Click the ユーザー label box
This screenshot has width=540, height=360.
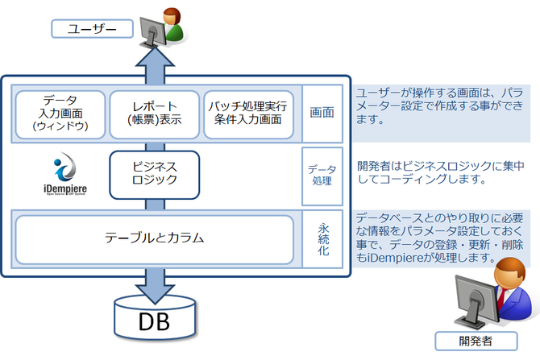91,30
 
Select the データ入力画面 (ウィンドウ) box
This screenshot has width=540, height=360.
60,114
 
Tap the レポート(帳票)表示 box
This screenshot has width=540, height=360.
152,114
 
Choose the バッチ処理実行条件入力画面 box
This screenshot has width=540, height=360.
248,114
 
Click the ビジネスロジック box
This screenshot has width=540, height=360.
153,172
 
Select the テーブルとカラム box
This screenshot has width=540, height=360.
153,238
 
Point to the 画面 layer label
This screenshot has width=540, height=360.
322,114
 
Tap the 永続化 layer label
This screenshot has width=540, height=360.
322,238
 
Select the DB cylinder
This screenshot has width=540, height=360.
154,318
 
